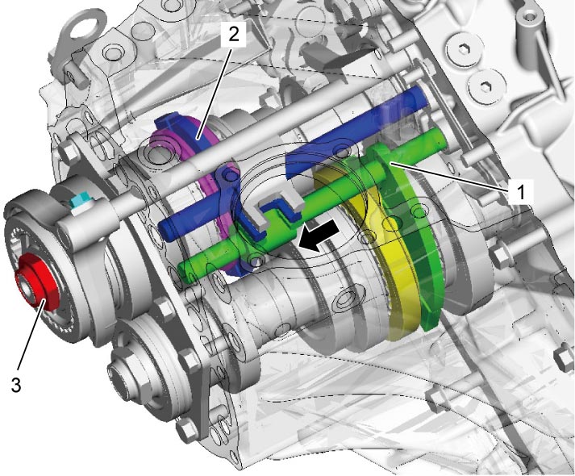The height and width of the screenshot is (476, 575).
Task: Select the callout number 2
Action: tap(233, 34)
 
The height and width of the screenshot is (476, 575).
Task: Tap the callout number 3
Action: tap(16, 385)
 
